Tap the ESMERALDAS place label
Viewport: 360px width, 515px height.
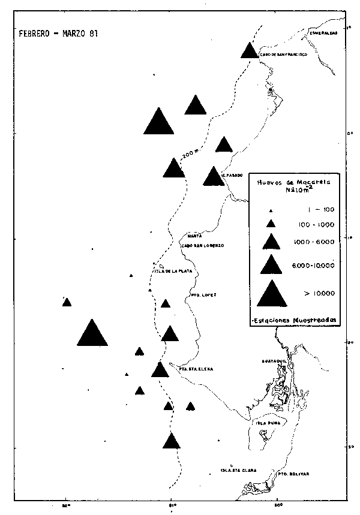pos(324,34)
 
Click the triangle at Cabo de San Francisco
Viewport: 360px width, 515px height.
pos(250,51)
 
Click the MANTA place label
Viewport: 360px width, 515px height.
pos(193,236)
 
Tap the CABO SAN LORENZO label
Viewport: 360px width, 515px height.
pos(202,246)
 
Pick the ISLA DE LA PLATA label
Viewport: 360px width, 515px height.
pos(173,271)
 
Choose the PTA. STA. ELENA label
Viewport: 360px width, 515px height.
pos(196,369)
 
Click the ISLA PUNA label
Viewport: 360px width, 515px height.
pos(266,423)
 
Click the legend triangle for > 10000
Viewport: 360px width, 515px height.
pos(272,293)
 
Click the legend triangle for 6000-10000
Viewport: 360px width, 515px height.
pos(272,264)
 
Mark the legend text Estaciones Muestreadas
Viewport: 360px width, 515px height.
pos(294,320)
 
